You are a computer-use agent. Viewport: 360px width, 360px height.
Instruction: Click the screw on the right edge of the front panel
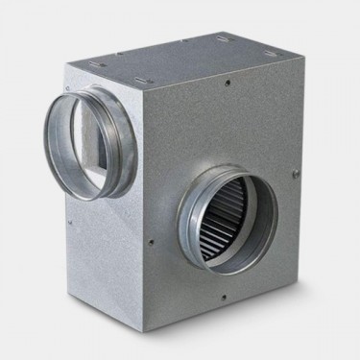(x=296, y=173)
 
